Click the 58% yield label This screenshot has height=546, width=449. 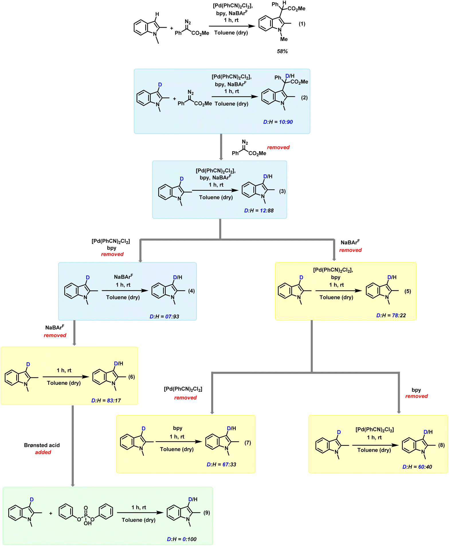[x=282, y=52]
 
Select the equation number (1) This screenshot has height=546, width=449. [x=302, y=24]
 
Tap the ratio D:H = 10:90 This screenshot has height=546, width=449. [x=278, y=122]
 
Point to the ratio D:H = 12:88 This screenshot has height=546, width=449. [x=259, y=211]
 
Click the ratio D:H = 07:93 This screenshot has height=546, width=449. [x=164, y=317]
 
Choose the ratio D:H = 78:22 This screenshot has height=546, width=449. [x=391, y=316]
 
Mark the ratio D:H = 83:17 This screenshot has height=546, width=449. [x=106, y=401]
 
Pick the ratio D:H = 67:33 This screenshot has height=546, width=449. [x=221, y=464]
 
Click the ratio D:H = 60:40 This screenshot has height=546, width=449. [x=417, y=467]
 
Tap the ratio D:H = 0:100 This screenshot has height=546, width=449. [x=182, y=539]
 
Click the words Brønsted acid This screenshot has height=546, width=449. [x=42, y=445]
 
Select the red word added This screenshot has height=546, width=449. [x=43, y=452]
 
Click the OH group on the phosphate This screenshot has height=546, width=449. [x=88, y=523]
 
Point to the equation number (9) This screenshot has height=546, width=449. [x=207, y=513]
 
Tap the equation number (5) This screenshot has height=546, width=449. [x=408, y=291]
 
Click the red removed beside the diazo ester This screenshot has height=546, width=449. [x=278, y=147]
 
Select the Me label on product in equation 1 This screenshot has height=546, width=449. [x=284, y=39]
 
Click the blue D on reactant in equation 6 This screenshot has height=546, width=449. [x=28, y=364]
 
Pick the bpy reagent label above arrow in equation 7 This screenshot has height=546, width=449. [x=178, y=428]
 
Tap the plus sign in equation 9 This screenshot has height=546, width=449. [x=51, y=514]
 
